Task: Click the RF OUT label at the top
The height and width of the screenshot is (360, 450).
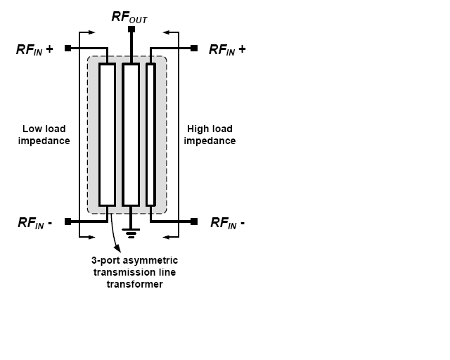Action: [129, 17]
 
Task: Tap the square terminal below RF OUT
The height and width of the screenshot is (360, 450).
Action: [131, 30]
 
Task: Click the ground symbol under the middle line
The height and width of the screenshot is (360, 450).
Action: [131, 233]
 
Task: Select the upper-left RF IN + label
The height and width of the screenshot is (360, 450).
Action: [34, 49]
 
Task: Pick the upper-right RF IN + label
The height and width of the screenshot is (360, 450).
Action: [227, 49]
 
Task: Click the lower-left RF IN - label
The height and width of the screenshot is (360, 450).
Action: [35, 223]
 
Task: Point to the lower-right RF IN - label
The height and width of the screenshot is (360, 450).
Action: [228, 223]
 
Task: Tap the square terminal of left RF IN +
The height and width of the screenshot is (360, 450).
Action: [67, 49]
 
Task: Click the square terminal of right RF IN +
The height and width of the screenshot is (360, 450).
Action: [194, 49]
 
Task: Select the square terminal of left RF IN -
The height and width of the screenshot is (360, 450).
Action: [67, 221]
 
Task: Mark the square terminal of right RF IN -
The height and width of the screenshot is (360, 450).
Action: [194, 221]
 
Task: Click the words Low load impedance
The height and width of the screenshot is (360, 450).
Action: [44, 135]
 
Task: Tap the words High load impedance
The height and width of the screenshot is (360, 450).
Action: [210, 135]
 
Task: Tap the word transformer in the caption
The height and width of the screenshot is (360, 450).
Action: [134, 284]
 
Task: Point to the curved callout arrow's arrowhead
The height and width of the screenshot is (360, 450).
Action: [117, 249]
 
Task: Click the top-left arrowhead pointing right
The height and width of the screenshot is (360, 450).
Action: [91, 32]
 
